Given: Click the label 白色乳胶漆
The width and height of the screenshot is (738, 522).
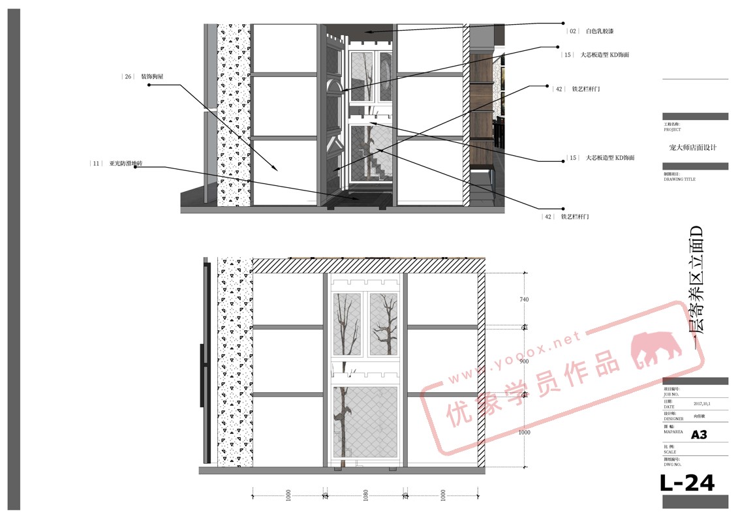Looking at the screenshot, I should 600,31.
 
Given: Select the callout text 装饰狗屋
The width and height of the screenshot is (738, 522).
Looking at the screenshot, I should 152,76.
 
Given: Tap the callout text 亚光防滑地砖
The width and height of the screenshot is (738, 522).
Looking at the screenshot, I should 123,163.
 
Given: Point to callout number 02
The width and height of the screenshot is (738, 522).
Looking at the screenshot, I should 573,31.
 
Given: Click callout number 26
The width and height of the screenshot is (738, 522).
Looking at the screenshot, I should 128,76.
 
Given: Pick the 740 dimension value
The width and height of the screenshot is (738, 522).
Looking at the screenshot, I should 525,299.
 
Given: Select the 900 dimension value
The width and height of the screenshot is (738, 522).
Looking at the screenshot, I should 525,361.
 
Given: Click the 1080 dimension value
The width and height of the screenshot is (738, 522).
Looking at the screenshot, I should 365,497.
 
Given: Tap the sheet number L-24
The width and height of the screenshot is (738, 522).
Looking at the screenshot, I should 687,484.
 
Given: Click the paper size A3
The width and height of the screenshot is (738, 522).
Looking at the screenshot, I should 699,435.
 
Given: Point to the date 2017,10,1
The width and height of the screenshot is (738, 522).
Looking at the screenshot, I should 702,403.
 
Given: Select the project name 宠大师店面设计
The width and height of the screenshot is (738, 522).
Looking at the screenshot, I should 692,147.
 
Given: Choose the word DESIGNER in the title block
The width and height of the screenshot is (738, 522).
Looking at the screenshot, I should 673,418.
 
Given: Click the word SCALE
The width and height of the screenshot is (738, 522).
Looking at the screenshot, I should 670,452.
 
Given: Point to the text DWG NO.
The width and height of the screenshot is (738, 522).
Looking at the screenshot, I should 671,465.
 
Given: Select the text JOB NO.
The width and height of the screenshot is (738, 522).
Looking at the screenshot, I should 671,394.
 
